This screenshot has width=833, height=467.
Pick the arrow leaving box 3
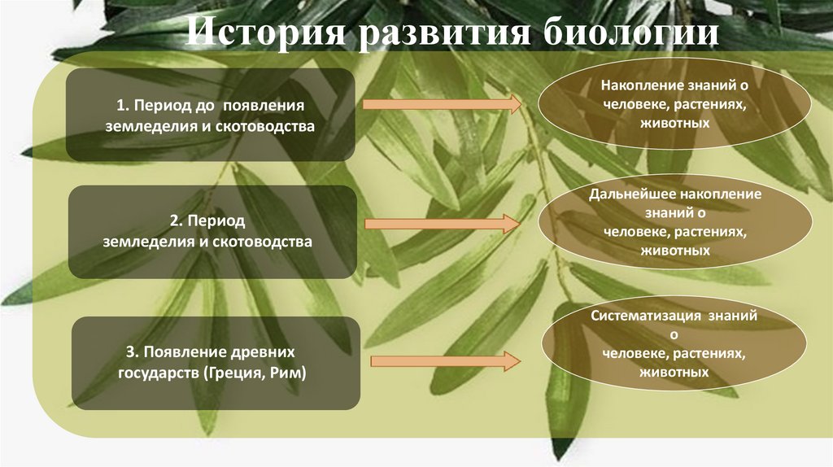point(444,360)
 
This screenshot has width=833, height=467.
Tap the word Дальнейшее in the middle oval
point(635,195)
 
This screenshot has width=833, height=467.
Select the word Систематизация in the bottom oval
point(639,314)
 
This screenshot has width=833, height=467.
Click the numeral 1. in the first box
point(122,106)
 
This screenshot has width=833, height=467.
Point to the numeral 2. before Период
point(175,220)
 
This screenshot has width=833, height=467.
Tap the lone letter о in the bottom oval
point(674,334)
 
